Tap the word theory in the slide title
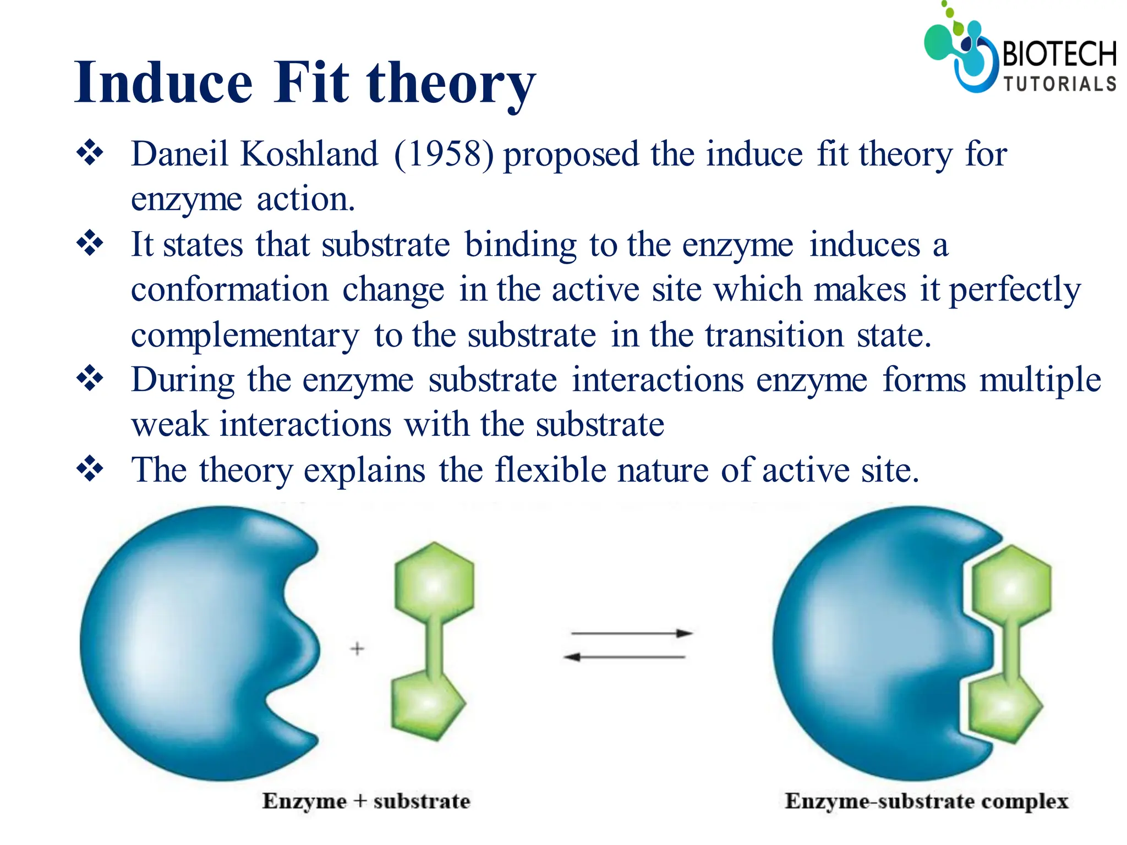click(451, 84)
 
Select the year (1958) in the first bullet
click(444, 154)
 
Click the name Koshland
click(309, 154)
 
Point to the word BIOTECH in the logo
click(1059, 54)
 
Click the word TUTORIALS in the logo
click(1059, 84)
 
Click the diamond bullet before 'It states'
click(90, 243)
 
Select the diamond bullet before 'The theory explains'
click(90, 469)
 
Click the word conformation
click(229, 289)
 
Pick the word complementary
click(245, 336)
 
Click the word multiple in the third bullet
click(1040, 380)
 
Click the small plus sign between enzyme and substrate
click(357, 649)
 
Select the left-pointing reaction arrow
click(625, 657)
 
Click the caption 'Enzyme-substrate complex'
click(926, 802)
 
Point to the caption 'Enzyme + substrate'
click(366, 802)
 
